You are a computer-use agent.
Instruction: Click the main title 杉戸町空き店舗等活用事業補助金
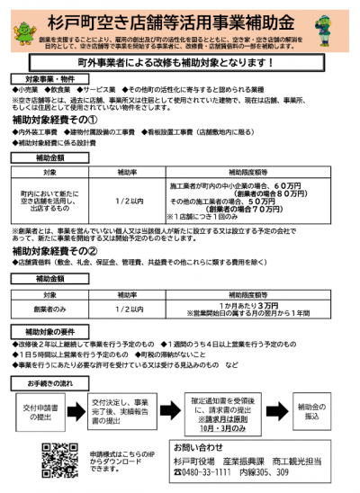(180, 19)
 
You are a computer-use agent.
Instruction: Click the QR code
(61, 460)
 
